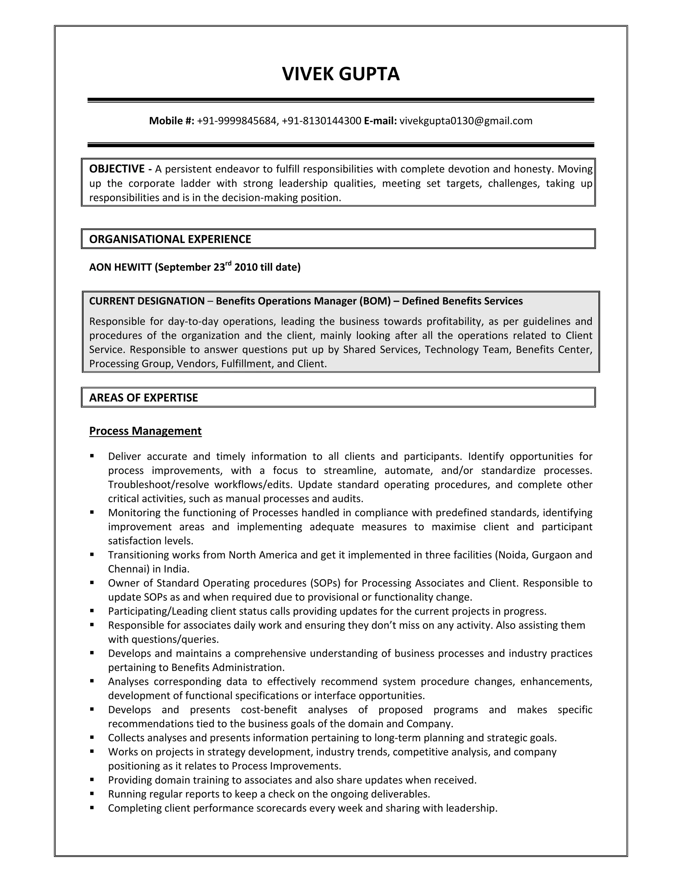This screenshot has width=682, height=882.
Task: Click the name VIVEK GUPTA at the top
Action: pos(341,74)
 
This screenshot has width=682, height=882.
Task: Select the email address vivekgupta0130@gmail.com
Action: pos(466,121)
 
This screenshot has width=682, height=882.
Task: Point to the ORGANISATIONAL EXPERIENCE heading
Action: pos(170,239)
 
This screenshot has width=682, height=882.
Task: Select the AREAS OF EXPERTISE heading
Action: pos(144,398)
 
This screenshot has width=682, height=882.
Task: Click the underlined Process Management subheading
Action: pos(145,431)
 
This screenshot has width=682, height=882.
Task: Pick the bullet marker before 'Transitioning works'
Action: pos(92,554)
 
